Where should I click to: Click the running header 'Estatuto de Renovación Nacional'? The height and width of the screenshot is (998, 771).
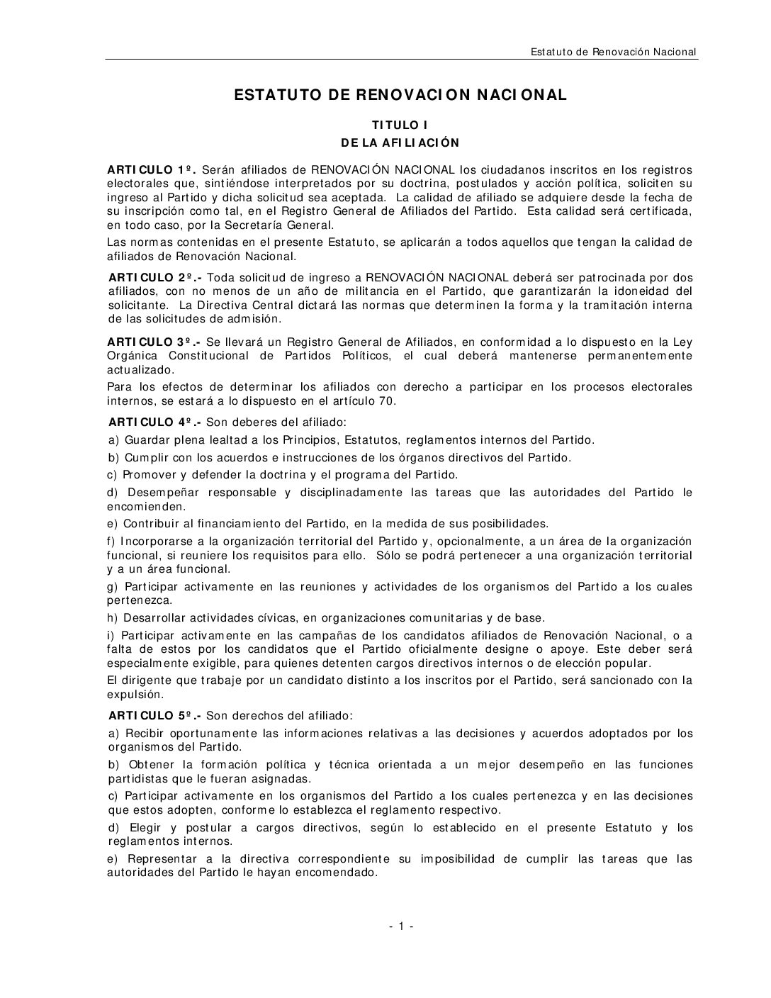click(x=613, y=52)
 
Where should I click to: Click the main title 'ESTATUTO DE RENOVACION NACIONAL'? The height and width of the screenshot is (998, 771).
click(x=400, y=95)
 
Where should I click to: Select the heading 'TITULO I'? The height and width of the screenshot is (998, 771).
click(x=400, y=125)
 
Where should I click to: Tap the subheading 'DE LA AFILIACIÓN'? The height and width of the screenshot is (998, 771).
click(x=400, y=143)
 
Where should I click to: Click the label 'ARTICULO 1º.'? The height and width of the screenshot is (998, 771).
click(x=151, y=169)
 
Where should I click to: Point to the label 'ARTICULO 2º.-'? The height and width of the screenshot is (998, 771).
click(x=153, y=277)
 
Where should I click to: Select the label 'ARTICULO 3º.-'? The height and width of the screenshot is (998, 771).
click(x=152, y=342)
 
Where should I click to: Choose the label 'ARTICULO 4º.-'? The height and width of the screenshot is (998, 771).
click(x=154, y=422)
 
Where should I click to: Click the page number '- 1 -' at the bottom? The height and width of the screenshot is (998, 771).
click(x=400, y=926)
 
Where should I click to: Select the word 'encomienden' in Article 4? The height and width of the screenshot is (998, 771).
click(x=146, y=507)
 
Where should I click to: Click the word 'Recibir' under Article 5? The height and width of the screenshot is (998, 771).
click(x=144, y=733)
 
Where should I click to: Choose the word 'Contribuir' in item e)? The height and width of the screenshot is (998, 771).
click(x=150, y=524)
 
